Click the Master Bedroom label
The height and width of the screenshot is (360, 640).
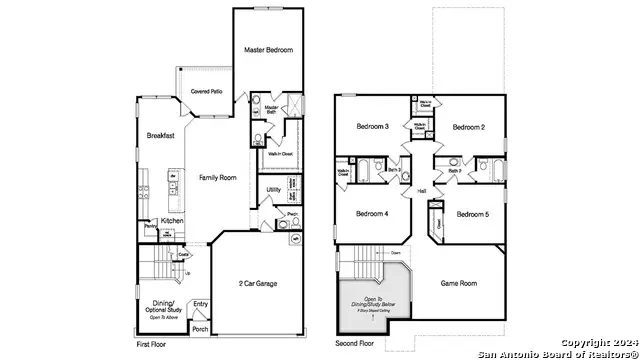point(269,49)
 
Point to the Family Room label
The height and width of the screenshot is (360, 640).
point(217,177)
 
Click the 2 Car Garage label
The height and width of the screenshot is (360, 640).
point(257,283)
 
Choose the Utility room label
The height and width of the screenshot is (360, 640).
point(273,190)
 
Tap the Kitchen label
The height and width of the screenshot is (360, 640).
point(172,220)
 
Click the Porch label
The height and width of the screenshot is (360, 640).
point(200,328)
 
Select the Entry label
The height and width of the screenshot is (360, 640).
point(201,304)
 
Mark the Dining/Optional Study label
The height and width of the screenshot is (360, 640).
point(162,307)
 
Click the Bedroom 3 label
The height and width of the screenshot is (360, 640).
point(372,127)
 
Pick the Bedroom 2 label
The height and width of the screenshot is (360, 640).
point(468,127)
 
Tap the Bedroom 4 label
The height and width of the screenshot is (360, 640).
point(372,214)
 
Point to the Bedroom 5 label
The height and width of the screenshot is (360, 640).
point(473,214)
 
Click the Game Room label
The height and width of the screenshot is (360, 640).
point(459,283)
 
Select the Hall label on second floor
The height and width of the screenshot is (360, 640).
point(422,190)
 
